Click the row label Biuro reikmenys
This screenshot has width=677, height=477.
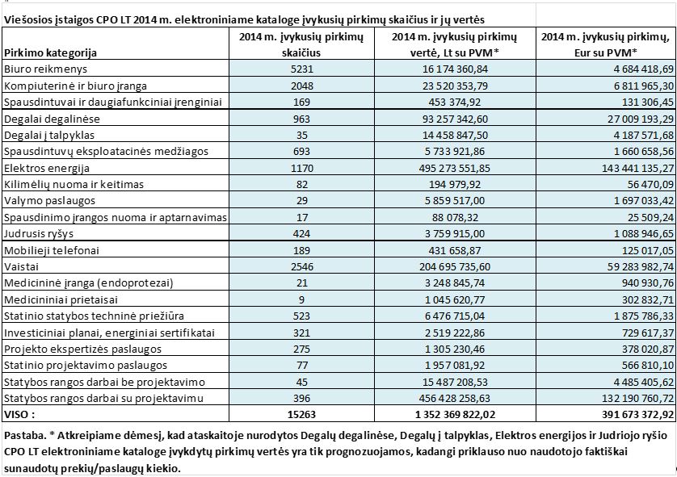click(x=40, y=70)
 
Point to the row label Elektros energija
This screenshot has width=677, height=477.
click(x=44, y=169)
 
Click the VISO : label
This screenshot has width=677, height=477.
click(x=20, y=414)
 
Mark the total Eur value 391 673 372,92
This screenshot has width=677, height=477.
click(x=629, y=414)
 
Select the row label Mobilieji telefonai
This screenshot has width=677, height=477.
click(x=48, y=250)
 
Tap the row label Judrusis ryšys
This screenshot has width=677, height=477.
click(x=38, y=235)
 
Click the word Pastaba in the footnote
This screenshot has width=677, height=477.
click(x=24, y=437)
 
